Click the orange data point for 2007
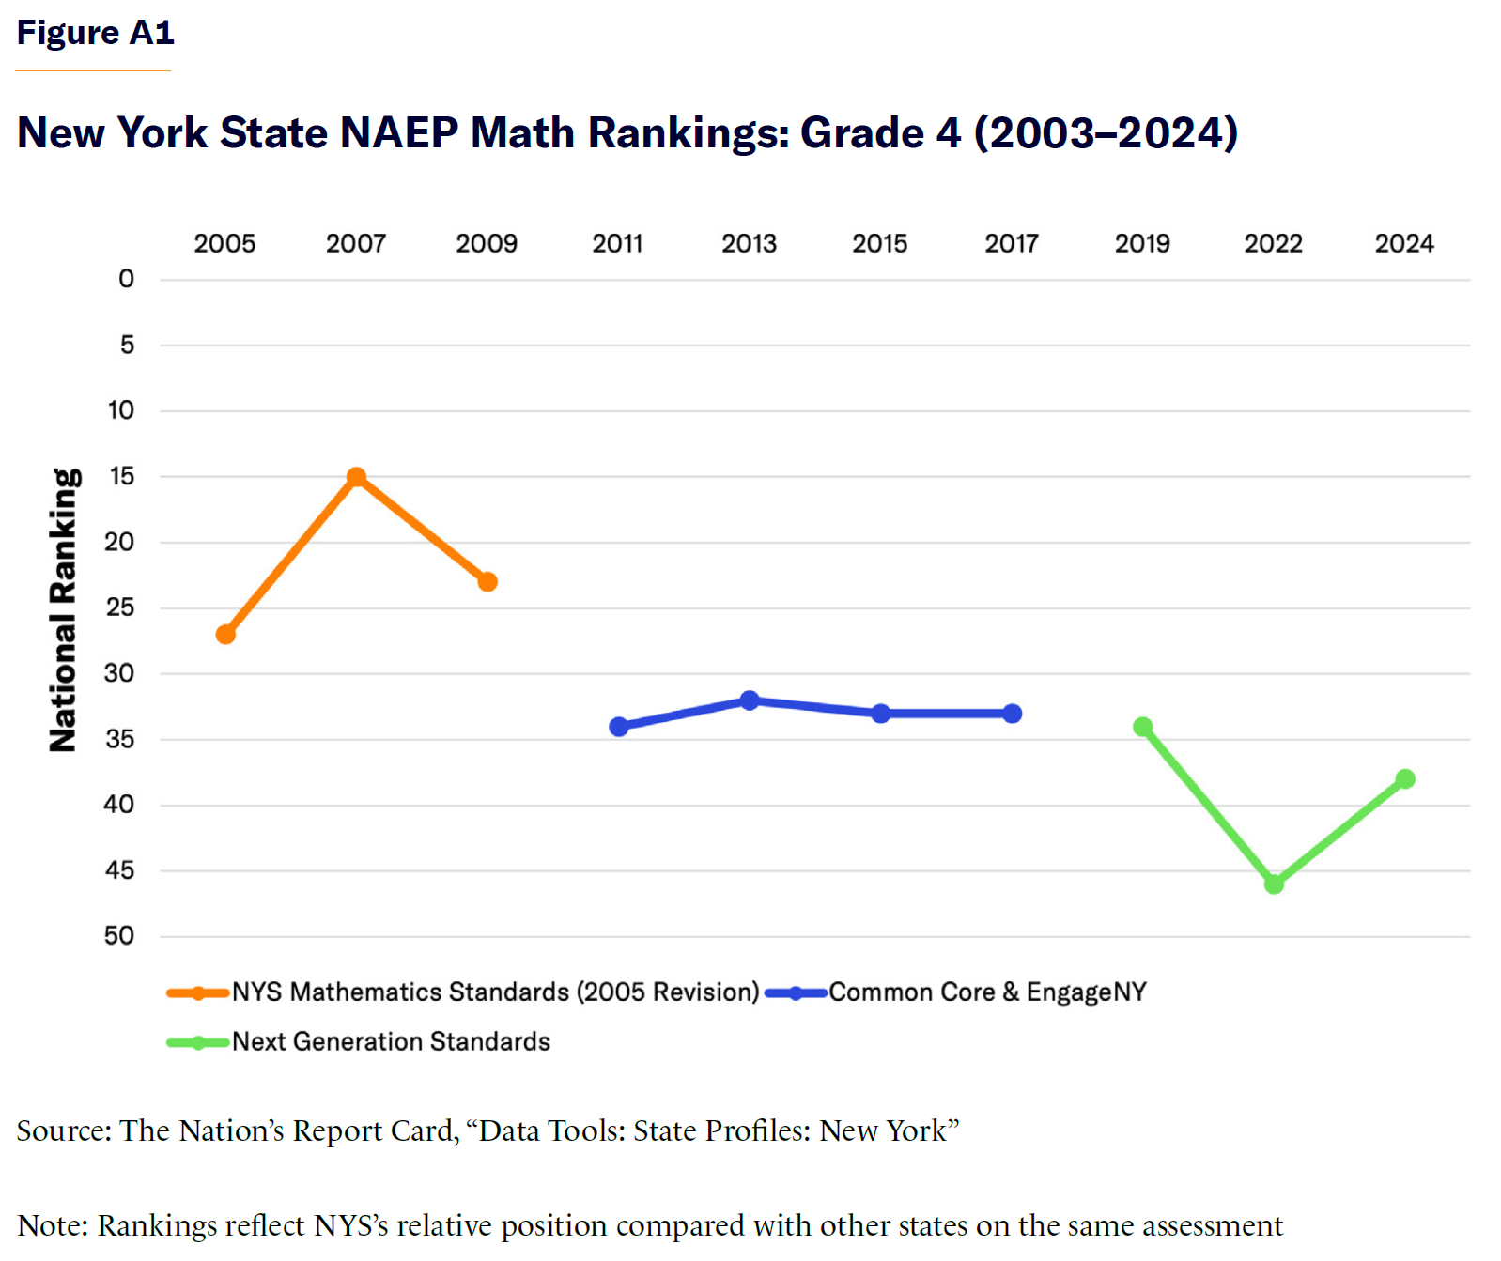(356, 477)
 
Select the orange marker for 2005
(225, 635)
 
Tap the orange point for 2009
(487, 582)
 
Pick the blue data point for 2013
(750, 700)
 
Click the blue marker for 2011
(619, 727)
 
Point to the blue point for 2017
(1012, 714)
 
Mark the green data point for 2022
(1274, 884)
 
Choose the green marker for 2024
(1405, 779)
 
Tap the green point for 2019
(1143, 727)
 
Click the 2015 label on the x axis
(880, 244)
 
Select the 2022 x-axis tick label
(1274, 244)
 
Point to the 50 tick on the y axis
(119, 936)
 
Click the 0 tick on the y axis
(127, 279)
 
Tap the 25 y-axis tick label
(120, 607)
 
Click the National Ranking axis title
(64, 610)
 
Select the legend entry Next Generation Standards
(391, 1042)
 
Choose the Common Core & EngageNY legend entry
(987, 992)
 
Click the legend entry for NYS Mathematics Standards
(495, 992)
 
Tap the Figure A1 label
(96, 33)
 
